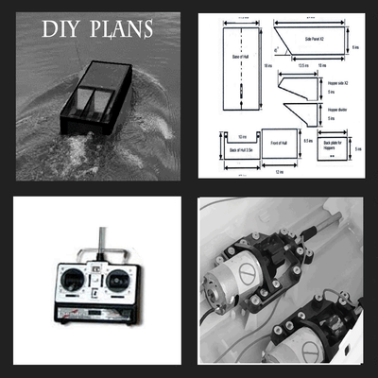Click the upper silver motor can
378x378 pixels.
226,283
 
